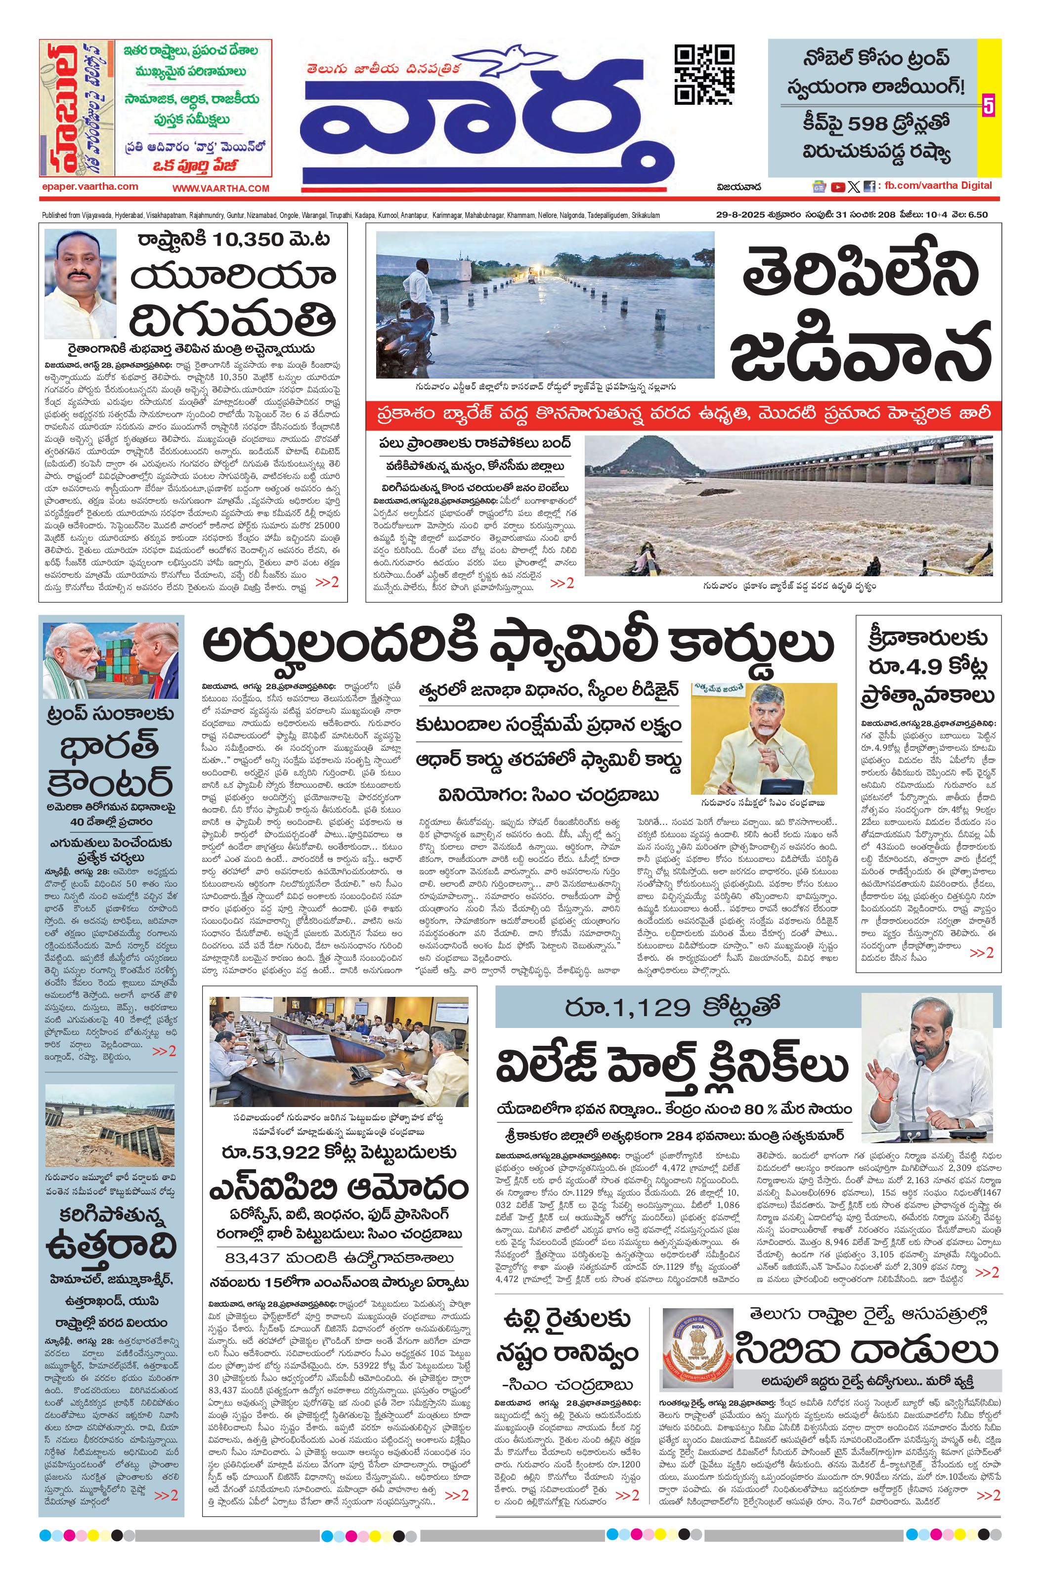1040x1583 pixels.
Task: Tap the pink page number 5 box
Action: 988,106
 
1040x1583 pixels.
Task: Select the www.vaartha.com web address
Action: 221,188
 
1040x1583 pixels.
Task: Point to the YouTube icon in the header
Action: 838,187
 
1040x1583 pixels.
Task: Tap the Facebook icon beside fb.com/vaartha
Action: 869,187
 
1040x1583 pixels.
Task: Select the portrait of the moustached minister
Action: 80,284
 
